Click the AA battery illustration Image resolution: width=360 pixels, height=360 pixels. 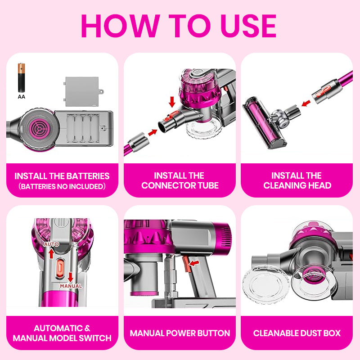(21, 77)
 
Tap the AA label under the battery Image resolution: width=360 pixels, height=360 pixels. (21, 97)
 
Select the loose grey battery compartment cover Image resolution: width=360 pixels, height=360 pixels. (83, 91)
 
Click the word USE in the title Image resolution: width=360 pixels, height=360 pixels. (248, 26)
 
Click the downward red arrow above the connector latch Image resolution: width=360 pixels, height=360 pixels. (172, 102)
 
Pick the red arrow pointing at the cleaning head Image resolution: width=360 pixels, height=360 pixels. (306, 103)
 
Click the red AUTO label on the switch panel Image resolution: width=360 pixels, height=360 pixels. (51, 244)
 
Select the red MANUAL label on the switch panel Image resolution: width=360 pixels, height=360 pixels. (71, 286)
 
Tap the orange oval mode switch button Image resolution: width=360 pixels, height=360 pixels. (60, 268)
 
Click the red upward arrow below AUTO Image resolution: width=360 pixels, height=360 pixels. (51, 254)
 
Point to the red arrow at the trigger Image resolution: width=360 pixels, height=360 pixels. (194, 263)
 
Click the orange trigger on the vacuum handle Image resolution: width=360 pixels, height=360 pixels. (186, 264)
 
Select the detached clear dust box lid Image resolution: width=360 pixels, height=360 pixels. (265, 284)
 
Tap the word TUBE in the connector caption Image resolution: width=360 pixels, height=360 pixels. (208, 185)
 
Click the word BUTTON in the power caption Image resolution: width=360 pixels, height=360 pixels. (213, 333)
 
